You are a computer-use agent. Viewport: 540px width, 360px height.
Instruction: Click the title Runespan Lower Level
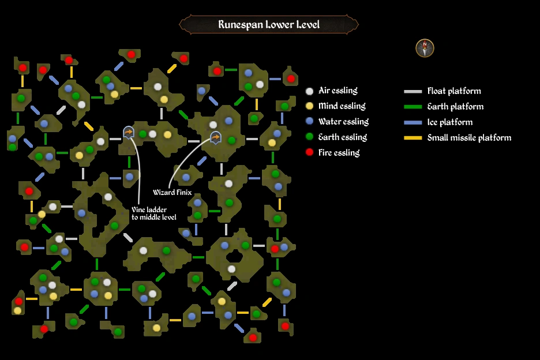269,25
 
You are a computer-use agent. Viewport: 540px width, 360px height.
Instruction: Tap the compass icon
425,48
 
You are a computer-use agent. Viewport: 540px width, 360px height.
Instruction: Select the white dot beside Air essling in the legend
310,91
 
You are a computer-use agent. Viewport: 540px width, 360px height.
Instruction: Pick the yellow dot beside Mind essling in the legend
310,106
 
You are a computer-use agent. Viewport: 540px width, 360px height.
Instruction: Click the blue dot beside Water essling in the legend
310,122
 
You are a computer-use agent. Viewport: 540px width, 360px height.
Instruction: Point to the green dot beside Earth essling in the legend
310,137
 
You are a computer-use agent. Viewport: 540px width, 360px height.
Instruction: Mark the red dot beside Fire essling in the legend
310,153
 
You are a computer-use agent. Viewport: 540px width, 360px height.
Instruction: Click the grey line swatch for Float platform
412,91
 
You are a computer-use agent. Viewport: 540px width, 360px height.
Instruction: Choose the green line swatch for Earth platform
412,107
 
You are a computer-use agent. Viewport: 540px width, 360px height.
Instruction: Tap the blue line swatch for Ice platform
412,122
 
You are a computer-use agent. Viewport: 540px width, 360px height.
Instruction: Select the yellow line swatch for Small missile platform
412,138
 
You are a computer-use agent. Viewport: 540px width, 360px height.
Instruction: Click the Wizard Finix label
172,193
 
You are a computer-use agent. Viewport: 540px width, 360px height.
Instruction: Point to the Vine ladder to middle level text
153,213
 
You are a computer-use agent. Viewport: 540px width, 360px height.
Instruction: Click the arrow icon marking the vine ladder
129,133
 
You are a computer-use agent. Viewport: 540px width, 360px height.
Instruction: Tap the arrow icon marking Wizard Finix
215,137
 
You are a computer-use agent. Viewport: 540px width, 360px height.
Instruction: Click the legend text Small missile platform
469,138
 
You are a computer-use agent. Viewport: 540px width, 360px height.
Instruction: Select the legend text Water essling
343,122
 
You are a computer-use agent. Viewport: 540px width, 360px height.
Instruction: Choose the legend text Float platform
453,91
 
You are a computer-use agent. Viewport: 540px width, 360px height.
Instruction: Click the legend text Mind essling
342,106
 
